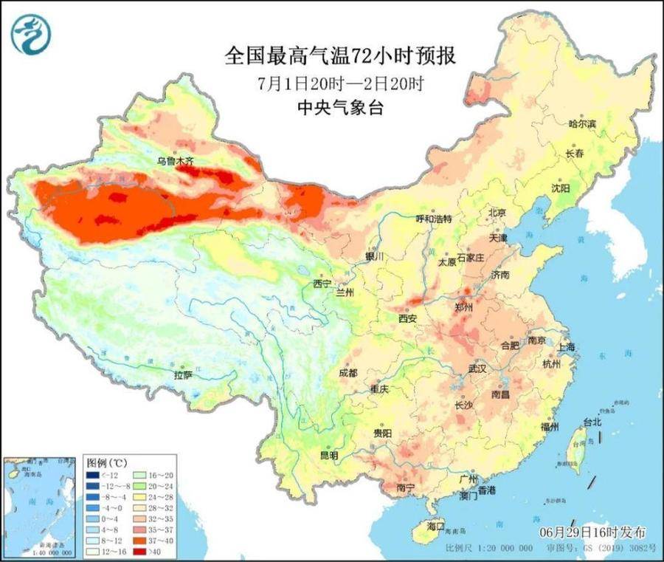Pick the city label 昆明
328,456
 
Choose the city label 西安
408,318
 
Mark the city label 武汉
477,368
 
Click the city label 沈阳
561,188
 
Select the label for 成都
348,374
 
